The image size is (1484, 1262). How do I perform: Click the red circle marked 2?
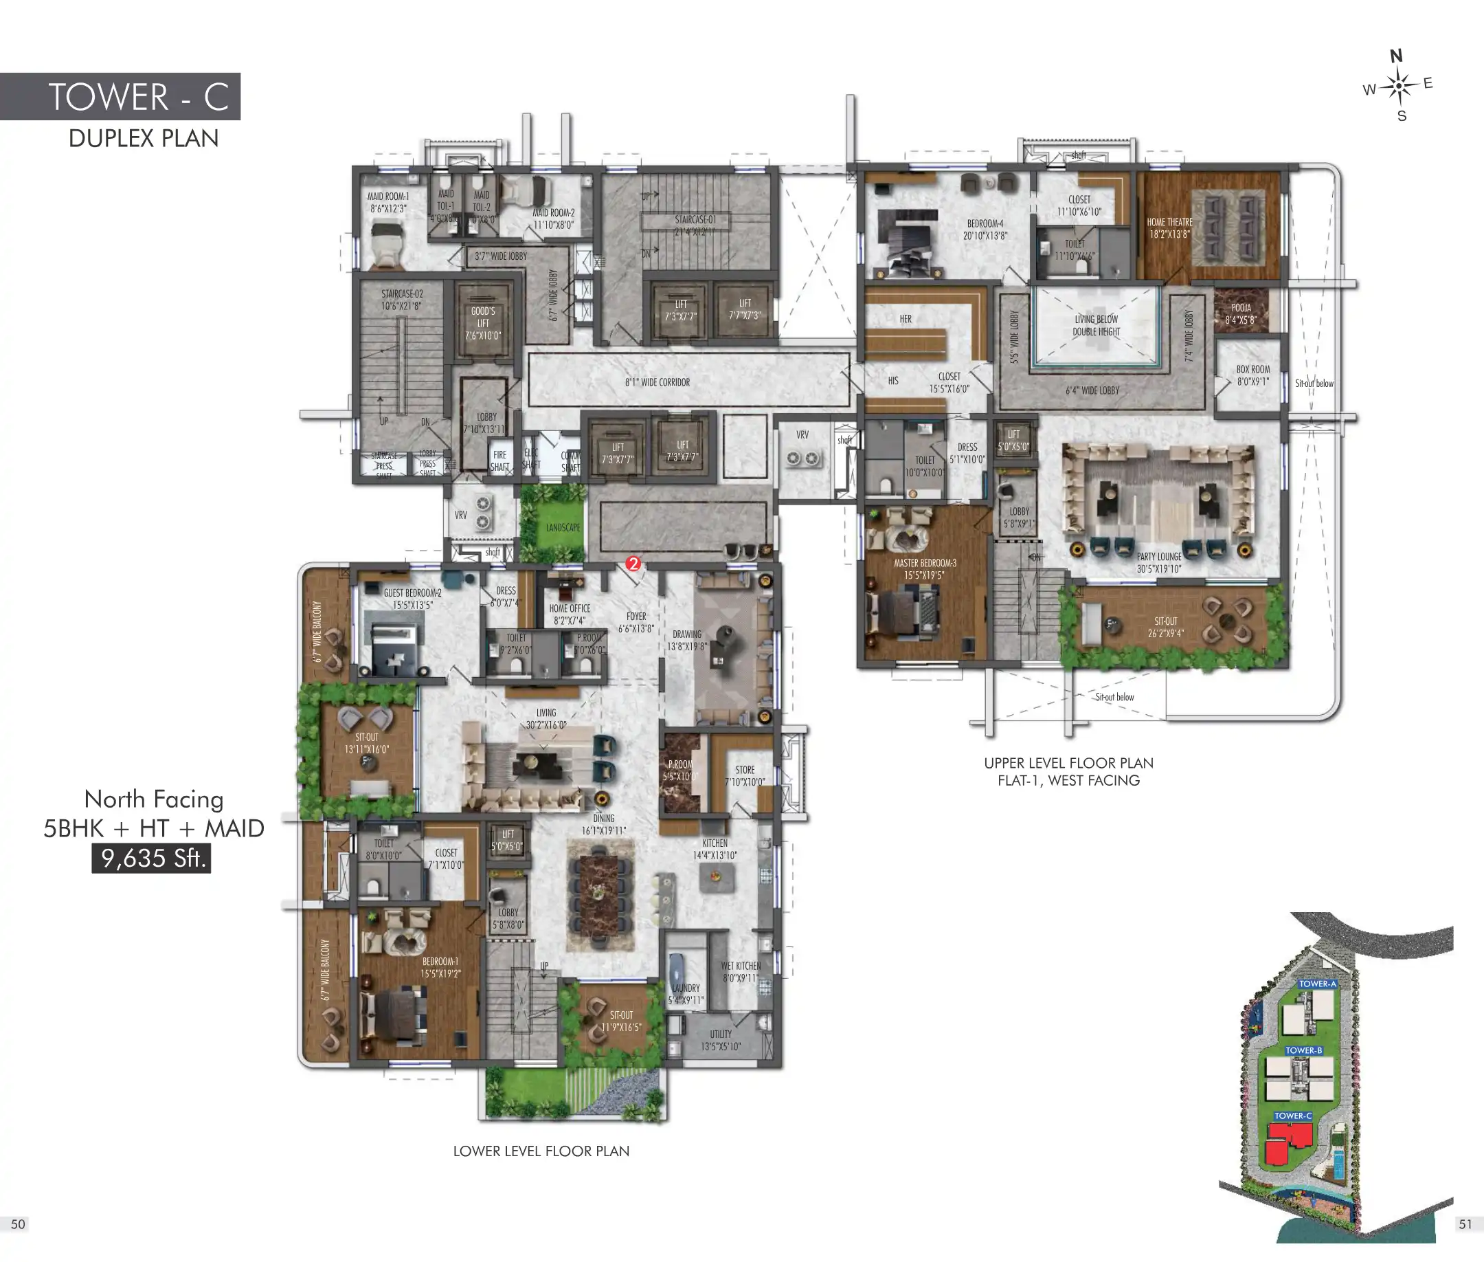tap(632, 564)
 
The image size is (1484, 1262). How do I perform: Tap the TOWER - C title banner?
tap(120, 97)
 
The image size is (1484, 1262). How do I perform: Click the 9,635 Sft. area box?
tap(151, 858)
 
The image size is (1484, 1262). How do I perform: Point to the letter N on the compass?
tap(1395, 56)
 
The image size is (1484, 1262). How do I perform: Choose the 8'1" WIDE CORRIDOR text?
tap(657, 382)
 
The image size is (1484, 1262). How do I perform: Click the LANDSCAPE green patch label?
tap(563, 527)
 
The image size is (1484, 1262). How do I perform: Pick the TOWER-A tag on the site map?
tap(1316, 984)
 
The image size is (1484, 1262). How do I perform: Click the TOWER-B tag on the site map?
tap(1303, 1050)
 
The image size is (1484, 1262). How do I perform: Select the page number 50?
tap(18, 1224)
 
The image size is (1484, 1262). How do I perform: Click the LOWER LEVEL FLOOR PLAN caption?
tap(541, 1151)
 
